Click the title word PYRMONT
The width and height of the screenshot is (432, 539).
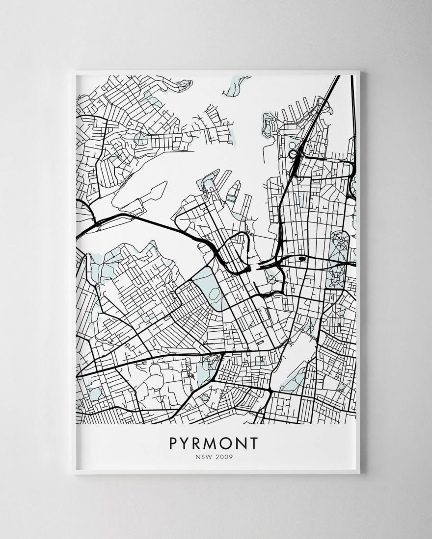click(x=214, y=443)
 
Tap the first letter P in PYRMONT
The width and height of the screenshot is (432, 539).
click(x=174, y=443)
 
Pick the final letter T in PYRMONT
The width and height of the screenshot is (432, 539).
click(x=253, y=443)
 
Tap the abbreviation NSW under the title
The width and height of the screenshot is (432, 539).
click(x=203, y=457)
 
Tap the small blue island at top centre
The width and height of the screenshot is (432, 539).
click(x=235, y=86)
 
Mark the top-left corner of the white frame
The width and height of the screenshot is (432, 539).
click(x=73, y=72)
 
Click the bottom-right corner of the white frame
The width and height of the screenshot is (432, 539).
click(x=359, y=473)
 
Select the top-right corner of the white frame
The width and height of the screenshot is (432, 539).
click(x=359, y=72)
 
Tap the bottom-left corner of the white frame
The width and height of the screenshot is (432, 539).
click(x=73, y=473)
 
